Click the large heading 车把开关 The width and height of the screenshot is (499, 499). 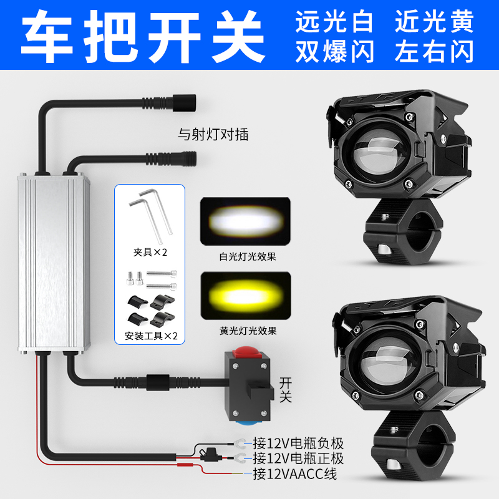pos(143,36)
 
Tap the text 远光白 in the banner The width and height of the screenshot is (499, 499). pos(334,22)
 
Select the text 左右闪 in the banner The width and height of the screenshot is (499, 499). pos(434,51)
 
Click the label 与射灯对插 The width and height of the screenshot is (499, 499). pos(213,134)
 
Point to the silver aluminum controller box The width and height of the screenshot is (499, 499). pos(54,263)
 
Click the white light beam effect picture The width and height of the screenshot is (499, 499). pos(245,221)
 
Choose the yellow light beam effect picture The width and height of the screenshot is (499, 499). pos(246,296)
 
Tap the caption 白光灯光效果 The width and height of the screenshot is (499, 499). pos(248,256)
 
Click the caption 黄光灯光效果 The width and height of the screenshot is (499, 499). pos(248,331)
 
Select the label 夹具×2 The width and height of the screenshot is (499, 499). pos(150,253)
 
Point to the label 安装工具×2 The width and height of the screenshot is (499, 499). pos(151,336)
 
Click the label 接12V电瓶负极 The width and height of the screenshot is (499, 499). pos(298,443)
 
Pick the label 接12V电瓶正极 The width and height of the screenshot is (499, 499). pos(298,458)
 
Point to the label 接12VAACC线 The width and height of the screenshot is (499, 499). pos(294,474)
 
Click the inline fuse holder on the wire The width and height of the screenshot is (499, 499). pos(211,455)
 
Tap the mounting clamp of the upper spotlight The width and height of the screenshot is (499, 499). pos(402,232)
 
